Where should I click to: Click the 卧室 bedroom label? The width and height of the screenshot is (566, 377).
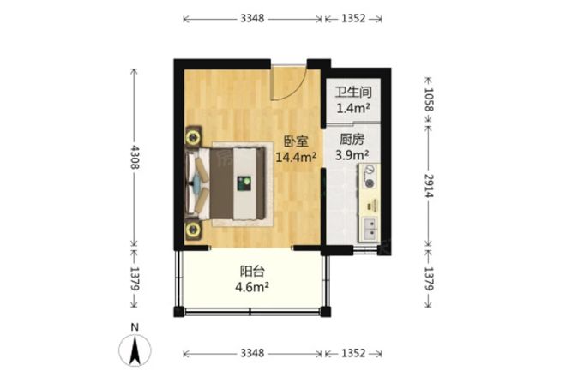click(296, 141)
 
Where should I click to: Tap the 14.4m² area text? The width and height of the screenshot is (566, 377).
click(296, 157)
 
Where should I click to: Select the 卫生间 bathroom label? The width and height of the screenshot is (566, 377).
click(353, 93)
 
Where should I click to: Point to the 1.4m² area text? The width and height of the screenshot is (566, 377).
click(353, 108)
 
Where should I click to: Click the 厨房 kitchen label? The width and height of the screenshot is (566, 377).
click(352, 140)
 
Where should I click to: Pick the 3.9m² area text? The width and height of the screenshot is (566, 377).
click(352, 155)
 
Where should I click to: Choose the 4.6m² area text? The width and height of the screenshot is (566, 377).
click(252, 287)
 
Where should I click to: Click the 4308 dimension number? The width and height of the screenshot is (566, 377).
click(135, 157)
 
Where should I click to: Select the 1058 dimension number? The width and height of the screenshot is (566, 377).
click(429, 99)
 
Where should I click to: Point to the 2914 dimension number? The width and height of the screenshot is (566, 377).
click(429, 185)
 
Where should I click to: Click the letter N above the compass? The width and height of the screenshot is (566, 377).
click(135, 327)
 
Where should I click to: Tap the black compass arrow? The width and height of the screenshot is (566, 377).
click(135, 350)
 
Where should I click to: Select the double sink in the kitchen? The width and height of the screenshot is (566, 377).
click(370, 229)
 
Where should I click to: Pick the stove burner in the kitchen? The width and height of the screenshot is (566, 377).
click(370, 183)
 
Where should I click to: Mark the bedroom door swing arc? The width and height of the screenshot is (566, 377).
click(294, 90)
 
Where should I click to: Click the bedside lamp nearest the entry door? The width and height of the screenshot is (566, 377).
click(193, 137)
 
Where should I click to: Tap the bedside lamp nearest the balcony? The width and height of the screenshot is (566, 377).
click(193, 229)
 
